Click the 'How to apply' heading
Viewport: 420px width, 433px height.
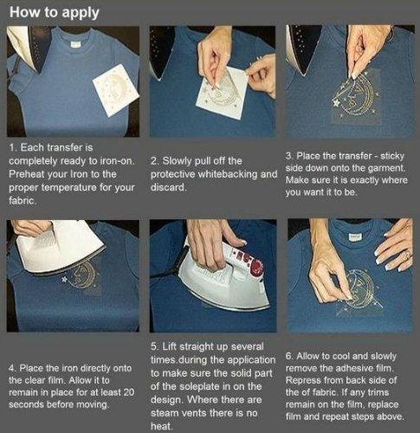click(x=55, y=13)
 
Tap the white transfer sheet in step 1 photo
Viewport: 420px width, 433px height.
click(x=116, y=90)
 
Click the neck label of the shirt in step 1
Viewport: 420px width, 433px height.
click(x=75, y=45)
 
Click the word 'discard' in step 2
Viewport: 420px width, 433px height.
click(x=168, y=188)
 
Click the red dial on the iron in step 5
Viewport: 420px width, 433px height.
click(x=256, y=265)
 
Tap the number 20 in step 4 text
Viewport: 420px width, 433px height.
click(x=129, y=392)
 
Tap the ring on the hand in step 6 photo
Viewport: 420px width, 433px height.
click(x=406, y=255)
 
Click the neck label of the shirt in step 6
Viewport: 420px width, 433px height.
click(x=354, y=237)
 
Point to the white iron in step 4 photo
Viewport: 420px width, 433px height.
click(x=59, y=245)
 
